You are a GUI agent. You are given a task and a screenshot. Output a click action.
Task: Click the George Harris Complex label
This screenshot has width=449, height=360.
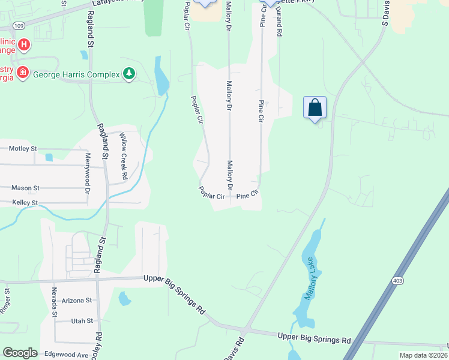click(75, 74)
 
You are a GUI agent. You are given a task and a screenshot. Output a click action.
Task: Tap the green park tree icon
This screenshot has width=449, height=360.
click(128, 74)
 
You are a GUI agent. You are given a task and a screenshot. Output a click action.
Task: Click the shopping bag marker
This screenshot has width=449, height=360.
click(315, 108)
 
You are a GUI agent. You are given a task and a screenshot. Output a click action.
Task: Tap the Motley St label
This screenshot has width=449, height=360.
click(23, 148)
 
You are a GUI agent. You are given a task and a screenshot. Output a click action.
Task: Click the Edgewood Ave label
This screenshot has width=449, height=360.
click(66, 355)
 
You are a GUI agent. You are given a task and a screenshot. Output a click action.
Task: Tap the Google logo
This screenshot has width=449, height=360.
click(20, 353)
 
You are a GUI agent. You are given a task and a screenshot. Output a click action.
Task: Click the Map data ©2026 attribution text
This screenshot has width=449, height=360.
click(423, 355)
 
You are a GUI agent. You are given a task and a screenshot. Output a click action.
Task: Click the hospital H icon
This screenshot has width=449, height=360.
click(23, 44)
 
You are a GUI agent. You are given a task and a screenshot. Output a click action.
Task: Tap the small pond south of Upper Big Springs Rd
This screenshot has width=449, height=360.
click(124, 298)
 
